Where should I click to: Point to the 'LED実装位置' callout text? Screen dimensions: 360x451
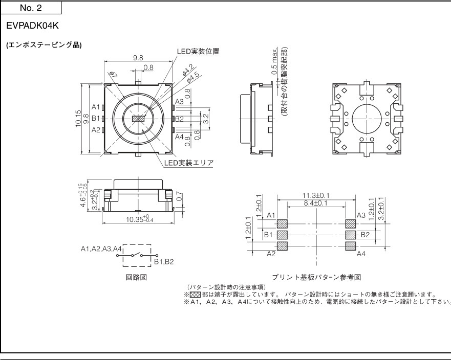pos(198,51)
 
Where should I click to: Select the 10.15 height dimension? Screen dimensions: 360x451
pos(78,119)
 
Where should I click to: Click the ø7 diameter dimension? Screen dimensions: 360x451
pos(113,77)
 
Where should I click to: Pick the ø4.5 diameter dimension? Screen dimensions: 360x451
pos(194,77)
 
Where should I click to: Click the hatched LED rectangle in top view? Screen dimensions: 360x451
pos(138,119)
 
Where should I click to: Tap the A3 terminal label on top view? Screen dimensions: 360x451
pos(179,101)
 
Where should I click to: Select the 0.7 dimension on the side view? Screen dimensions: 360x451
pos(179,196)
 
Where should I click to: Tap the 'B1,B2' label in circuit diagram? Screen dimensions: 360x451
pos(164,261)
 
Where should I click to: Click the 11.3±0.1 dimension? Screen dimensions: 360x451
pos(315,195)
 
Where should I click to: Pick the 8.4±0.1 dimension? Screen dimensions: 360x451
pos(315,203)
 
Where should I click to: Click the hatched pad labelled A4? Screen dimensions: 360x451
pos(351,246)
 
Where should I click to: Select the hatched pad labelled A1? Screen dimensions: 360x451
pos(282,223)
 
